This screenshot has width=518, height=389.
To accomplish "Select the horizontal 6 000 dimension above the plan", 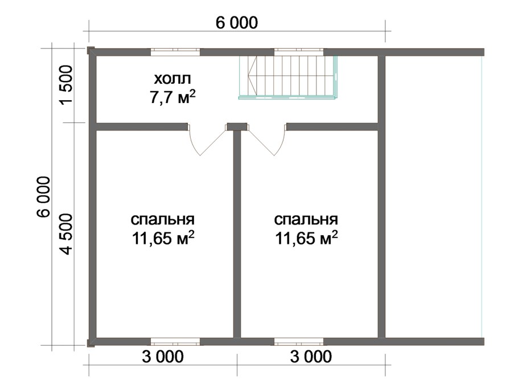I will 237,23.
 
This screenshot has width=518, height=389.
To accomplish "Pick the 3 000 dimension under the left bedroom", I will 162,357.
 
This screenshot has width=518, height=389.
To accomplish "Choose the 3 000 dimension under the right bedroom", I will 310,357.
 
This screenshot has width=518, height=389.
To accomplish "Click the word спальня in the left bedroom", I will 163,219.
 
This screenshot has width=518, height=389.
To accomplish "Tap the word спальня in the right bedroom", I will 306,219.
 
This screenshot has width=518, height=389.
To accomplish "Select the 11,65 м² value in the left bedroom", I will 163,238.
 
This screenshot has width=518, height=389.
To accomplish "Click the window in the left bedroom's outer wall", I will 175,342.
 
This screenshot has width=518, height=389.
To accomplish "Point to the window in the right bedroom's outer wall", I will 299,342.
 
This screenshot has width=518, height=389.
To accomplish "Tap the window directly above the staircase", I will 299,52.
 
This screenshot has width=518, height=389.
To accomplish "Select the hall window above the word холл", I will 175,52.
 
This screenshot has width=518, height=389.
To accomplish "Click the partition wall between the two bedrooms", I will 237,234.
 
